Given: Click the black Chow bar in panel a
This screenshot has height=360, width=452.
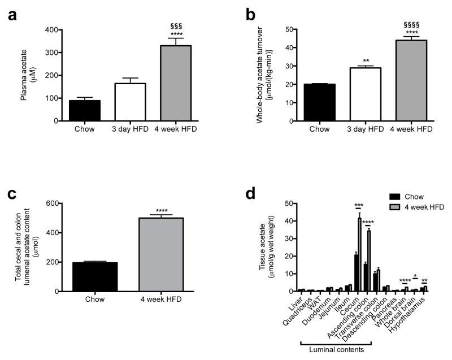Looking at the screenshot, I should pos(85,110).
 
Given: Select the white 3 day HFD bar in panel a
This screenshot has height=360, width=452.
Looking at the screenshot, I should pos(131,102).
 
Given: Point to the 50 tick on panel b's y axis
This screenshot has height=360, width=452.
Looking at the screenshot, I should pos(288,29).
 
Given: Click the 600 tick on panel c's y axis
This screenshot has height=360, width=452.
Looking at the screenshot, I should pos(52,203).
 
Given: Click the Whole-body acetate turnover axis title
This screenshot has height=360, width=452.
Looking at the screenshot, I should pos(262,75).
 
